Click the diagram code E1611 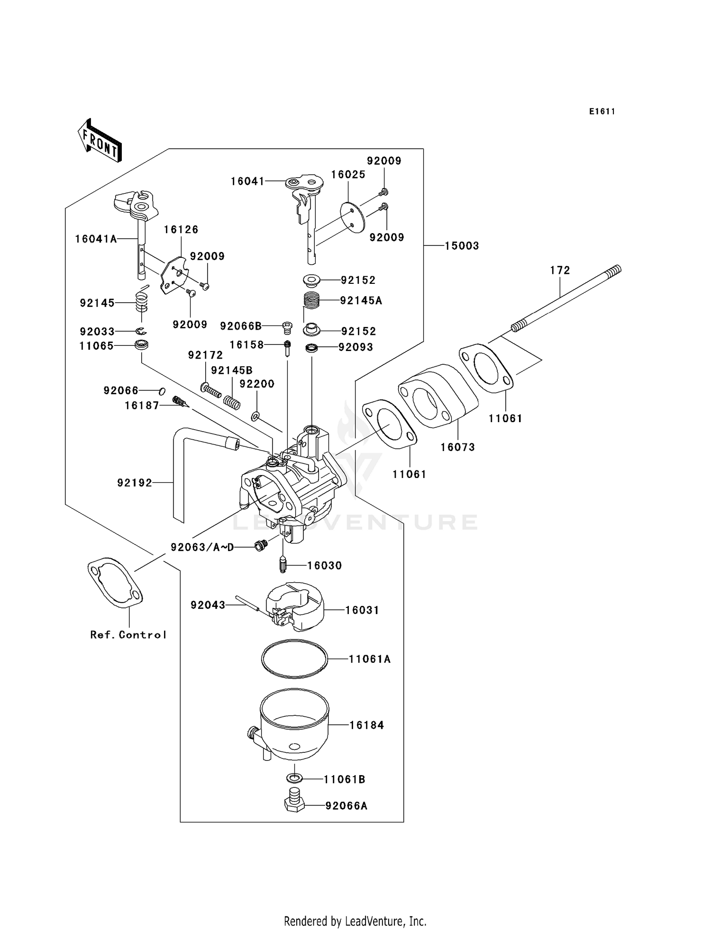coord(602,112)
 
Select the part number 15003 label coord(462,246)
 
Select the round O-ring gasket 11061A coord(294,658)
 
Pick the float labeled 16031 coord(294,606)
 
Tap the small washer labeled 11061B coord(294,778)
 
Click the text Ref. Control coord(128,635)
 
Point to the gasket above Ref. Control coord(115,582)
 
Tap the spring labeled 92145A coord(311,300)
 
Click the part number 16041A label coord(96,239)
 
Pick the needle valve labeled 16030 coord(283,565)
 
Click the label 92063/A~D coord(202,547)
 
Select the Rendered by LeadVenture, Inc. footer coord(355,921)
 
